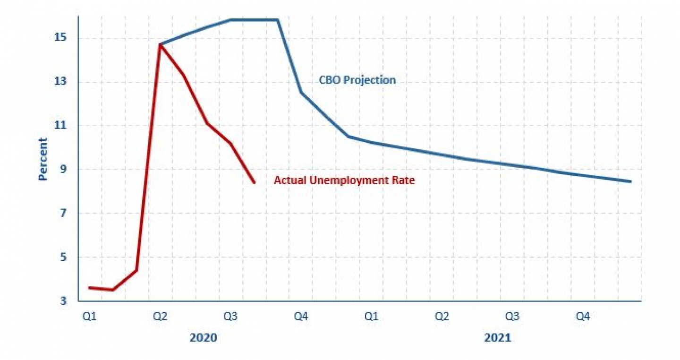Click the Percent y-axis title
43,159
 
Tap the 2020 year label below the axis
203,338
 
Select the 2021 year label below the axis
498,338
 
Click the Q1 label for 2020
89,317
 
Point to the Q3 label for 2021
512,317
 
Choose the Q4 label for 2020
301,317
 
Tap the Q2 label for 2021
442,317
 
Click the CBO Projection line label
357,80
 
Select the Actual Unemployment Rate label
344,180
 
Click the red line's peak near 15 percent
161,44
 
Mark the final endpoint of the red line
255,182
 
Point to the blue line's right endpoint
630,181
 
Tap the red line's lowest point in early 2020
113,290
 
